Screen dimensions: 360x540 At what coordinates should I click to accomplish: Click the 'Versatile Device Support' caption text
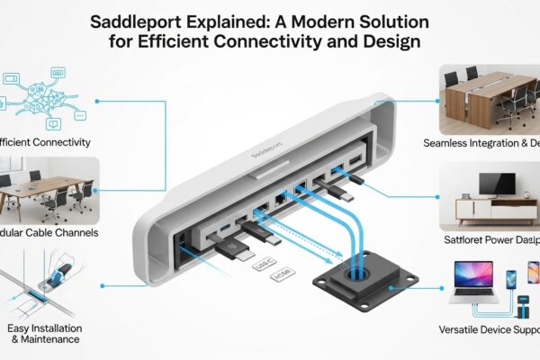[x=486, y=328]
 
